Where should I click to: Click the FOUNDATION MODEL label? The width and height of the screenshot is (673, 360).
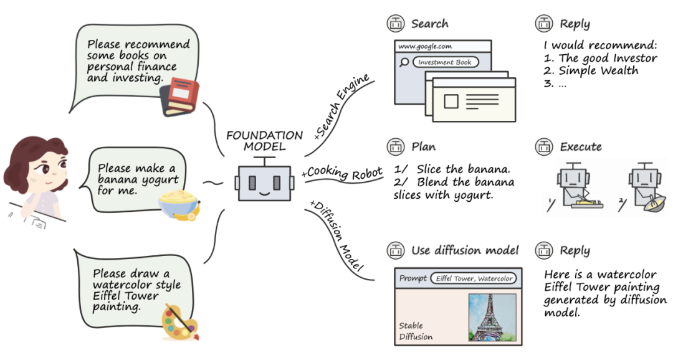tap(264, 141)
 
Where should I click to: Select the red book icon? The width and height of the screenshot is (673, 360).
tap(180, 97)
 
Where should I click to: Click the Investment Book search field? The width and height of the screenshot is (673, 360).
tap(445, 62)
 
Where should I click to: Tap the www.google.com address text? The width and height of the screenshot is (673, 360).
tap(424, 46)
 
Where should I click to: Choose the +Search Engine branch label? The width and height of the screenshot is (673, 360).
tap(341, 107)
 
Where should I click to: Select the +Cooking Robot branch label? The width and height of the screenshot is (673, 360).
tap(341, 173)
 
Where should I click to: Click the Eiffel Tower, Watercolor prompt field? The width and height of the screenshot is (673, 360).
tap(474, 278)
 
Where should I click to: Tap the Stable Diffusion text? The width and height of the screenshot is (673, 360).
tap(416, 331)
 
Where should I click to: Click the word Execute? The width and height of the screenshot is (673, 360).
tap(581, 147)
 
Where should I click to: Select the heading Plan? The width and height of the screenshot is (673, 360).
tap(423, 147)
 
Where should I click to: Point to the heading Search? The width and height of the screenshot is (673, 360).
tap(429, 24)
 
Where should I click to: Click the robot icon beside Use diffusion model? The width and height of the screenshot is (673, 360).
tap(395, 250)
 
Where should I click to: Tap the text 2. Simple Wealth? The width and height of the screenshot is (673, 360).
tap(591, 71)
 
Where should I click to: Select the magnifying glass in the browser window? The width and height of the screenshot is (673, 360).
tap(404, 63)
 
